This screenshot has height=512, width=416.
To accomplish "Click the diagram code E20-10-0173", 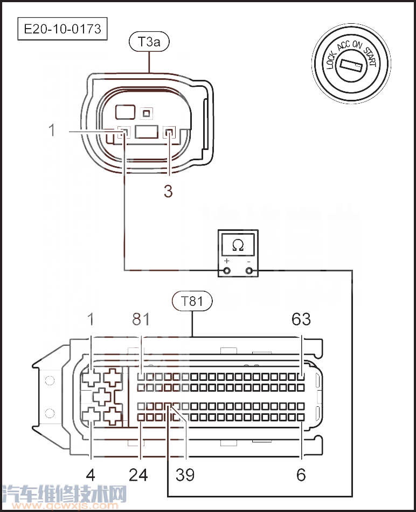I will (x=63, y=29).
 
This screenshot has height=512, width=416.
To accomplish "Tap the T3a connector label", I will (x=149, y=43).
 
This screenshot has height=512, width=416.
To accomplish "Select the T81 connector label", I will (x=192, y=301).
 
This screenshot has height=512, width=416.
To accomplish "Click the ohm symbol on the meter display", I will (x=238, y=245).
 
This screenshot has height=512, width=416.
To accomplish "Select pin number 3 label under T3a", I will (x=168, y=191).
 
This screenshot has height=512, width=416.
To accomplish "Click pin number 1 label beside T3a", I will (x=52, y=130).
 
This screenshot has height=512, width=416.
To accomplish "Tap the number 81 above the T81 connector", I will (x=141, y=319).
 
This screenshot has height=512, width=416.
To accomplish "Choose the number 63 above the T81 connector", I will (x=301, y=319).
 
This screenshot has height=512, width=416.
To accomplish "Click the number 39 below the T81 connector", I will (x=185, y=475).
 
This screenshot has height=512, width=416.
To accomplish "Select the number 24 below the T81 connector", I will (x=138, y=475).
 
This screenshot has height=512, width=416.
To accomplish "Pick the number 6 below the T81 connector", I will (x=301, y=475).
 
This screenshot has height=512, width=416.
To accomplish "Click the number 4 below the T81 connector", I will (x=91, y=475).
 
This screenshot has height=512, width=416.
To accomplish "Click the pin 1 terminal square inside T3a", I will (x=123, y=132).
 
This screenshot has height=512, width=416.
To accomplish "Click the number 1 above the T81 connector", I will (x=91, y=319).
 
